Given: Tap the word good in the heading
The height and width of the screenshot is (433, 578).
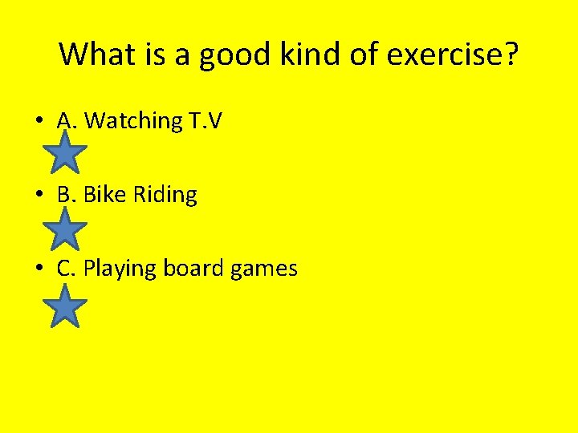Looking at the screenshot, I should click(x=228, y=55).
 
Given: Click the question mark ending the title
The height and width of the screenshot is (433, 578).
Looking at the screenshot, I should click(x=511, y=55).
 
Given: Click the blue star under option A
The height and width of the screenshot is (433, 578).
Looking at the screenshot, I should click(x=64, y=153).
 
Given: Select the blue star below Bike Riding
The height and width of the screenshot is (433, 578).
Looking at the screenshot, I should click(x=64, y=229).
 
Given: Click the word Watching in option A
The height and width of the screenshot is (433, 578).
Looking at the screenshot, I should click(x=133, y=121).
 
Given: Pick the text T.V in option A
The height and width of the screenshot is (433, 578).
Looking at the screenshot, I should click(x=206, y=121).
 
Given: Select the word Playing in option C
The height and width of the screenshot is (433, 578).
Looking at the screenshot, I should click(x=120, y=269).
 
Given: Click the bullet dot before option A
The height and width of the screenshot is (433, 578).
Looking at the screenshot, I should click(x=39, y=122).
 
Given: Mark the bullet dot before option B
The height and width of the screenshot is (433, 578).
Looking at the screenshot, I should click(x=39, y=196).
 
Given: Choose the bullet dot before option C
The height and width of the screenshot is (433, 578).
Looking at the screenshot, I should click(x=39, y=269).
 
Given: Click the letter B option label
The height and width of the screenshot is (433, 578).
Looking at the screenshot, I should click(x=65, y=195).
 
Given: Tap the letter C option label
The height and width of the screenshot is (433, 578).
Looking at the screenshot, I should click(x=65, y=269).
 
